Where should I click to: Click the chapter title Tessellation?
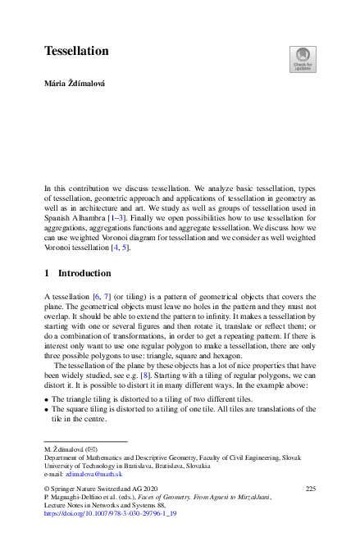(76, 52)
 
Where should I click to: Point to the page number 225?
(310, 489)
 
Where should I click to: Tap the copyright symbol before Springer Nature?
(47, 489)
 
